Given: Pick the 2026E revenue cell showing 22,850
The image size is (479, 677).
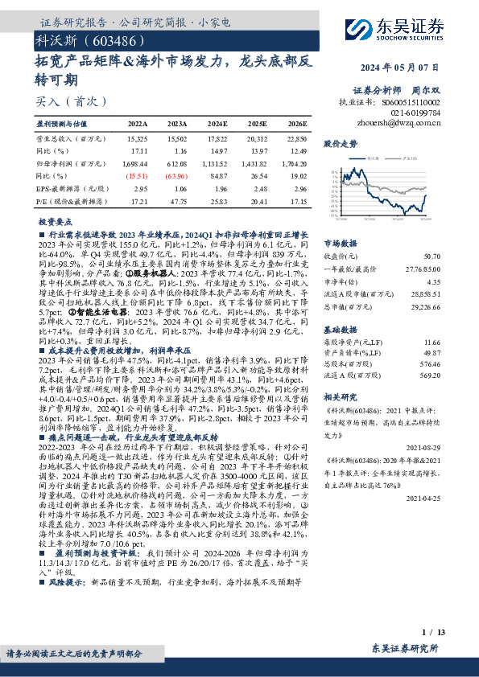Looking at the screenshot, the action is coord(297,139).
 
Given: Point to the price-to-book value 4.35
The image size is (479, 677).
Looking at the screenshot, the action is coord(433,282).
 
